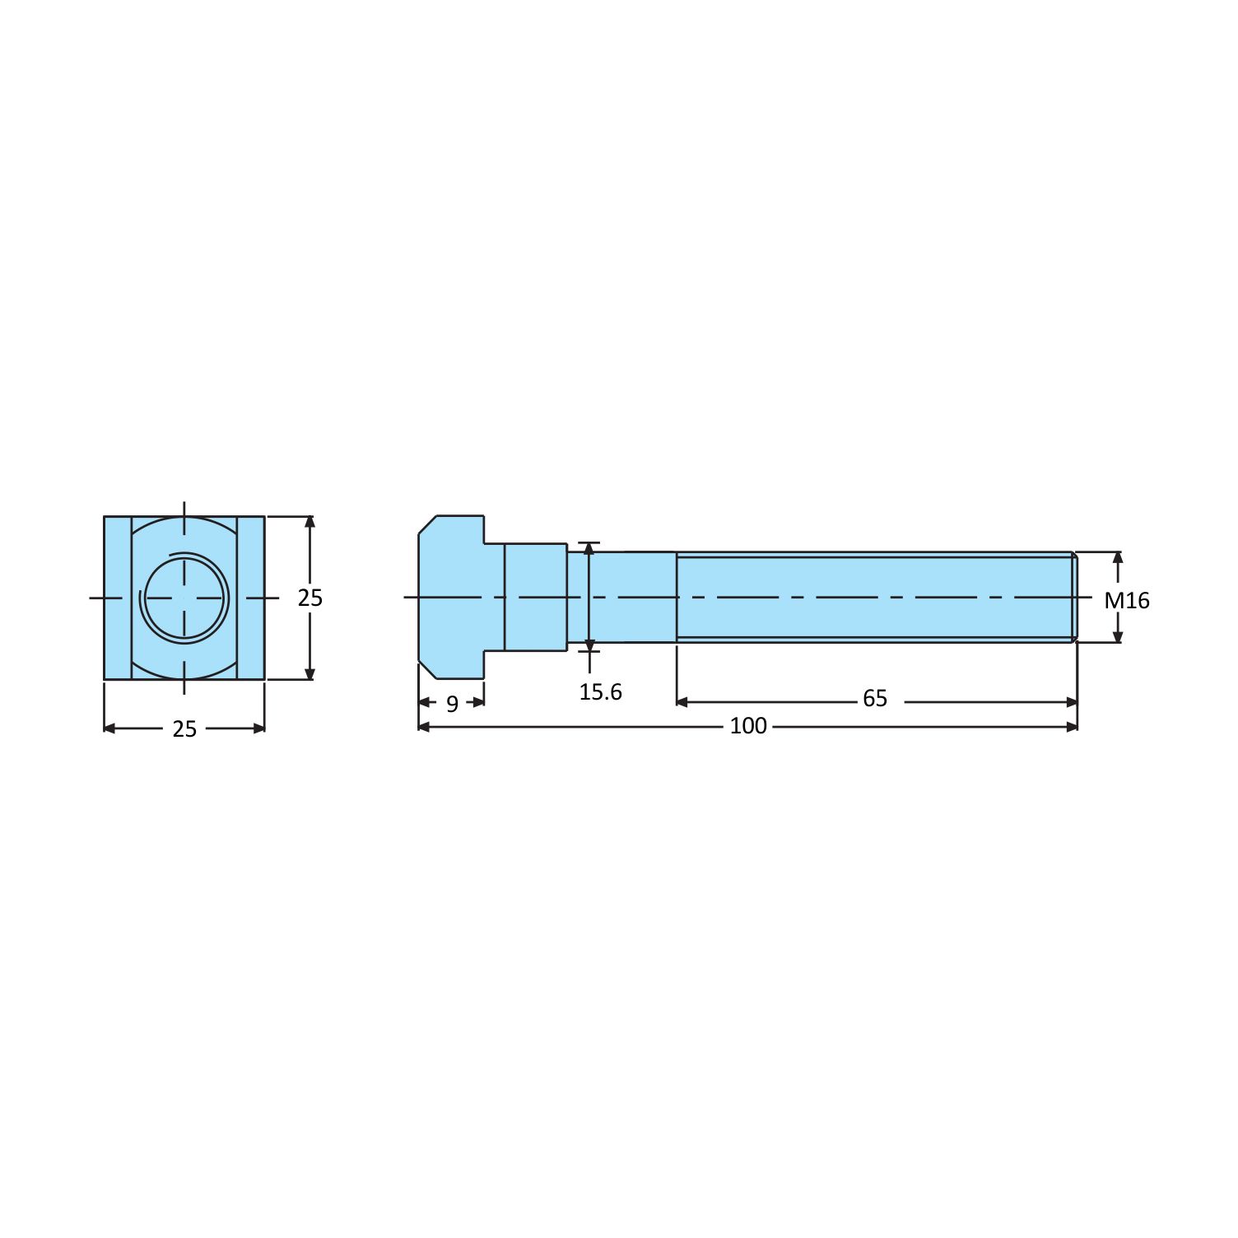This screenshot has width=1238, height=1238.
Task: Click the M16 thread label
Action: [x=1126, y=600]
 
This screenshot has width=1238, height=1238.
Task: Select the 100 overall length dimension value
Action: [x=748, y=725]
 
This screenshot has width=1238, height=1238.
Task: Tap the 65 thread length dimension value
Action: [x=875, y=699]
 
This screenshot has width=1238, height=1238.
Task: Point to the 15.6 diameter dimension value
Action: [x=600, y=692]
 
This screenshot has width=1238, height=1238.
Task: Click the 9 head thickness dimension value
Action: [x=452, y=705]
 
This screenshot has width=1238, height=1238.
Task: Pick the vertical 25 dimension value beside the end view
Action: [x=310, y=598]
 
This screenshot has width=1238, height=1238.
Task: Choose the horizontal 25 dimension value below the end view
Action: [x=184, y=729]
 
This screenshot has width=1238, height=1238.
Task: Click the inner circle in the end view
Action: [x=184, y=597]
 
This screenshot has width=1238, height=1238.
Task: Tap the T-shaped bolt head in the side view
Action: [x=451, y=597]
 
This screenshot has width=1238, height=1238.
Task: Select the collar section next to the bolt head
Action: [x=535, y=597]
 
